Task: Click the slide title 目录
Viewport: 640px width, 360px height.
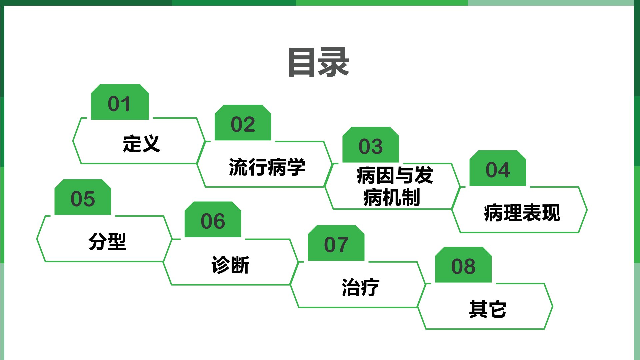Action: [x=319, y=62]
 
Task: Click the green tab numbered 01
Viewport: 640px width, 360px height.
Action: [x=120, y=102]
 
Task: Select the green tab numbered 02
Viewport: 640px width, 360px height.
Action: [x=243, y=123]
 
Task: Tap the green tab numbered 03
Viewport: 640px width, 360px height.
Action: [x=371, y=145]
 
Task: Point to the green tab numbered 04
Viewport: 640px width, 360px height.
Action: [x=498, y=168]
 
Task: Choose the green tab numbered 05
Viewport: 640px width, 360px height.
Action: [x=83, y=197]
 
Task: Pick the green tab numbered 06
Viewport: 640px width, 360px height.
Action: [x=213, y=219]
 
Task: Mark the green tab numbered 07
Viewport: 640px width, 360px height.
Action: [x=336, y=243]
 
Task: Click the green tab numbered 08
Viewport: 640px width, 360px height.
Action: [x=463, y=265]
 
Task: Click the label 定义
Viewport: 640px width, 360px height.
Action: [x=142, y=144]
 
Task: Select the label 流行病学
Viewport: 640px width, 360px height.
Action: [x=267, y=167]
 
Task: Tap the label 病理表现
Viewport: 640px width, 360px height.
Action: [x=522, y=213]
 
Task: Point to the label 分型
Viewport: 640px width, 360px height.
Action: [x=107, y=241]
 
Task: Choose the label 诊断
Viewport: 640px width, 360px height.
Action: [x=230, y=265]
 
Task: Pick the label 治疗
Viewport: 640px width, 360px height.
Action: [x=360, y=287]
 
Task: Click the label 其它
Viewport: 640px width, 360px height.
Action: [x=487, y=309]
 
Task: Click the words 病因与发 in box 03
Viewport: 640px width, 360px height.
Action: [x=395, y=175]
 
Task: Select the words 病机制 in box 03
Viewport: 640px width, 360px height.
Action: [x=392, y=197]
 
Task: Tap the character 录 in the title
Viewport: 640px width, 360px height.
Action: [x=334, y=62]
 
